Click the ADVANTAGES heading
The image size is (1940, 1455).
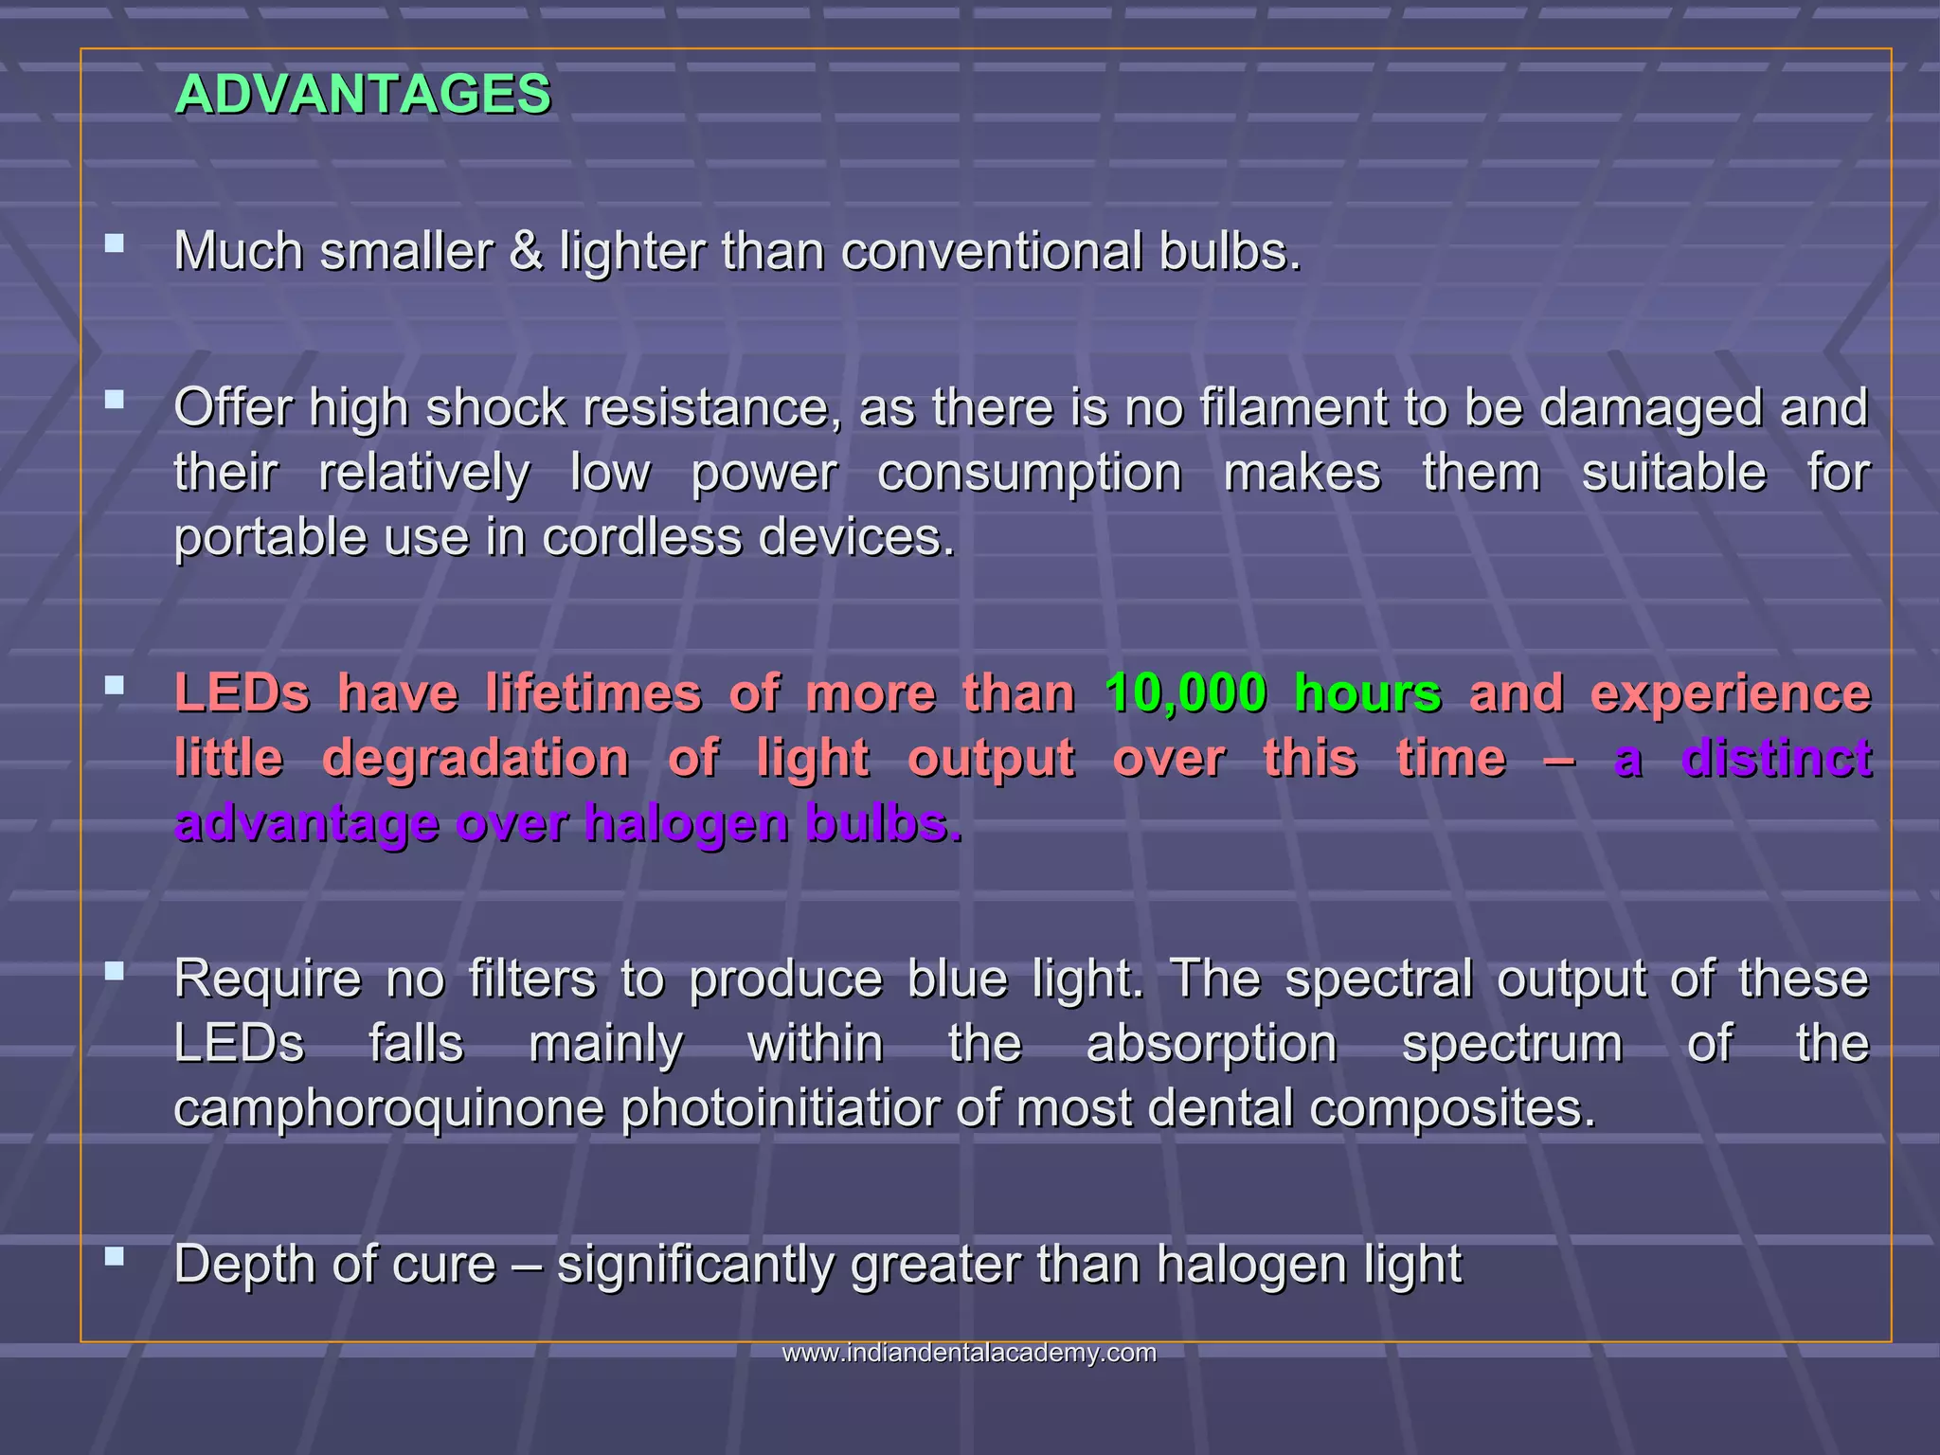[363, 95]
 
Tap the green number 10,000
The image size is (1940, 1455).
[1185, 693]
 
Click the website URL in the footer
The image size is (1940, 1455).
[969, 1353]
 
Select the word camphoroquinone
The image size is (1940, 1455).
[388, 1108]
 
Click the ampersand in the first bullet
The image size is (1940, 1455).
[526, 252]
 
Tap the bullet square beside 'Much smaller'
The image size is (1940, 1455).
[115, 243]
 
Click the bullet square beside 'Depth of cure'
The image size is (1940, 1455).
[115, 1256]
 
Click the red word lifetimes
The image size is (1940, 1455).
[594, 693]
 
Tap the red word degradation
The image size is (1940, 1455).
[476, 759]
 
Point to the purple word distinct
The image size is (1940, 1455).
[1776, 759]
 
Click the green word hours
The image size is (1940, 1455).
[1368, 693]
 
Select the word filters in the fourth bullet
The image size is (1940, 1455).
[532, 979]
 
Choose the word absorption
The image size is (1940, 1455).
[1212, 1044]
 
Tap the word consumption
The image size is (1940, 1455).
[1030, 473]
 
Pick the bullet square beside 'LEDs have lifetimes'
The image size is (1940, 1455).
[115, 685]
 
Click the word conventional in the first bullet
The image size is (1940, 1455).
[991, 252]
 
